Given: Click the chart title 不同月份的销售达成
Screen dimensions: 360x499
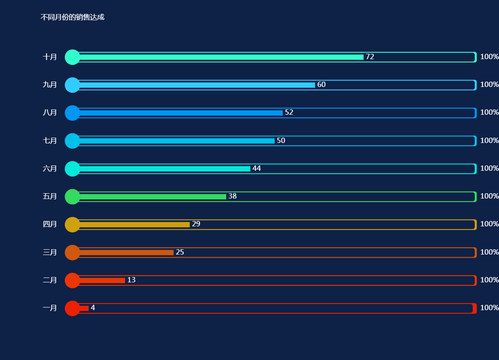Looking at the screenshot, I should coord(72,17).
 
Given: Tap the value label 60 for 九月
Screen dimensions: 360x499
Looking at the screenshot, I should coord(321,85).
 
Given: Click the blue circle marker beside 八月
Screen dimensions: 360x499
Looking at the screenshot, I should coord(72,113).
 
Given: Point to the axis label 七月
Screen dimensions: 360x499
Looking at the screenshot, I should coord(50,141).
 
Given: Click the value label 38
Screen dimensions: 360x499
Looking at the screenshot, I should coord(232,196).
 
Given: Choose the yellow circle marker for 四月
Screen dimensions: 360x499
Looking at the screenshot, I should coord(72,225).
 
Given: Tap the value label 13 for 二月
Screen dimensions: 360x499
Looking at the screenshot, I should coord(131,280).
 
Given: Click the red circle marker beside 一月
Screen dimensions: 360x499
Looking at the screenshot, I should coord(72,308).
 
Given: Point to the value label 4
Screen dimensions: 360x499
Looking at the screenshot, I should coord(93,308).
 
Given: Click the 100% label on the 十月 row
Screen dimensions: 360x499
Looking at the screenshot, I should coord(489,57).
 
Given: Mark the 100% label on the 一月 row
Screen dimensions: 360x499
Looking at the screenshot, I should coord(489,308).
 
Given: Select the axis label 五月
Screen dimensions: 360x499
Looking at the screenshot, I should coord(50,196).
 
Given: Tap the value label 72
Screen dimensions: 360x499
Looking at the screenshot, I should coord(370,57).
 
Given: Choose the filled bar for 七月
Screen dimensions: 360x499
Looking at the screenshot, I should coord(177,141).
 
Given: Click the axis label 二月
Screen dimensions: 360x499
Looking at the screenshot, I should coord(50,280).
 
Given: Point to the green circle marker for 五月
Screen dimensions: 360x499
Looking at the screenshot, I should coord(72,196).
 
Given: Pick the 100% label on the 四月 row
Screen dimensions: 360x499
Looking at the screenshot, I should coord(489,224).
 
